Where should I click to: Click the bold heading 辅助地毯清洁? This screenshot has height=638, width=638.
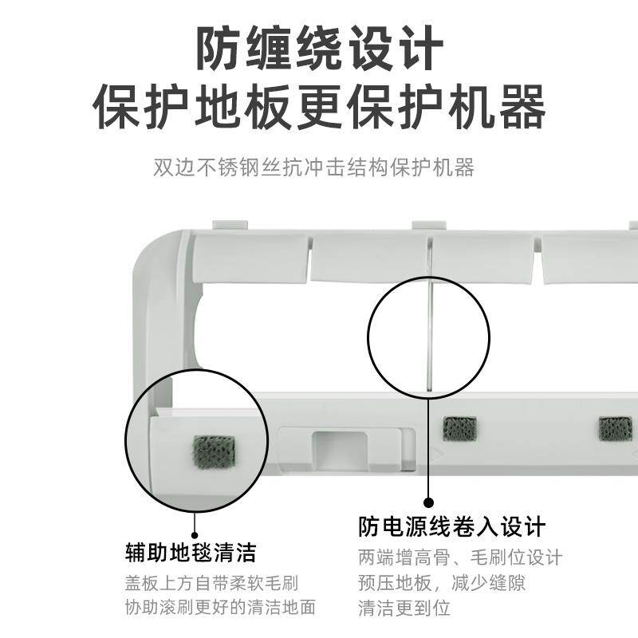191,552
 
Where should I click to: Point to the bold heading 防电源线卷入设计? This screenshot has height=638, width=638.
452,526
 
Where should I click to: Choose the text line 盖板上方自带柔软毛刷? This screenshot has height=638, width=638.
217,583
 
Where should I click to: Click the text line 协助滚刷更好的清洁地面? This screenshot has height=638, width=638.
220,607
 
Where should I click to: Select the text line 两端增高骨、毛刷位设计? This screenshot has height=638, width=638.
460,557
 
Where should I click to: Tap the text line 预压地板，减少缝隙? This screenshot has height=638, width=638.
442,582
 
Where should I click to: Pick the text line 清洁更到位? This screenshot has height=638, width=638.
404,607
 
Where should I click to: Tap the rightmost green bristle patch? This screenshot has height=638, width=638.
615,428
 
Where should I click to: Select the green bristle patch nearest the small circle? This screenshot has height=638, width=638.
460,428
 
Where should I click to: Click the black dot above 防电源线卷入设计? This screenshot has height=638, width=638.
428,502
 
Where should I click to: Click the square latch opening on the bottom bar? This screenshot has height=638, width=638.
338,443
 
